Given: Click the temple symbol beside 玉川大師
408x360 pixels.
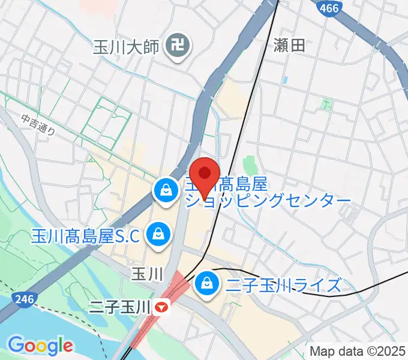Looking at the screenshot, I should coord(178,44).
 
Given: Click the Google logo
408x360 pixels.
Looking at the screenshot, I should coord(40,345).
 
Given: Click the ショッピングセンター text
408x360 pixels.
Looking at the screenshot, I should coord(268,201).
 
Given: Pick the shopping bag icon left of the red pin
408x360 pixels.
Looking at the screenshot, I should coord(164,191).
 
